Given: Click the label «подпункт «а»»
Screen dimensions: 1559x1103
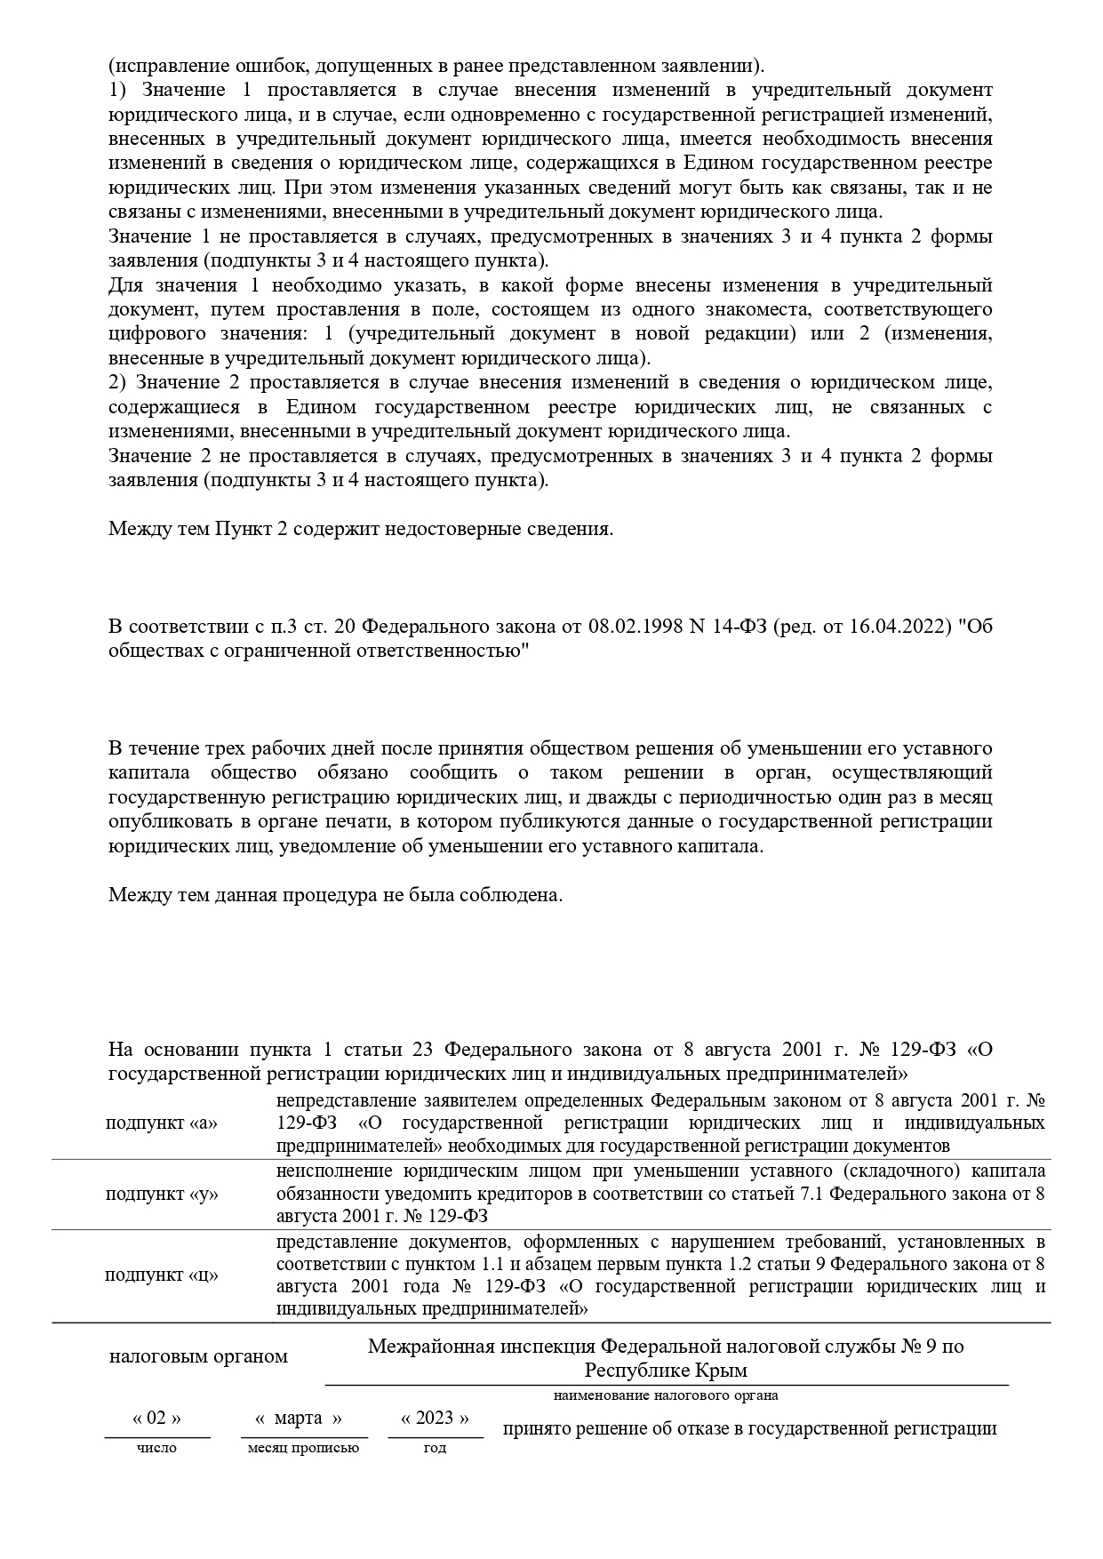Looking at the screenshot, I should click(x=161, y=1123).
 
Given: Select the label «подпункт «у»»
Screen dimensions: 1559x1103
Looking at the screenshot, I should click(x=161, y=1194).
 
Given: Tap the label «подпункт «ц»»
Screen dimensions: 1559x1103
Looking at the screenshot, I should click(x=161, y=1275).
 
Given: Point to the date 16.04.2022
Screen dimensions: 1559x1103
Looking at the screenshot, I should click(x=874, y=626).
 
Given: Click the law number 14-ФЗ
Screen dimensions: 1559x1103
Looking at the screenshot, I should click(x=739, y=626).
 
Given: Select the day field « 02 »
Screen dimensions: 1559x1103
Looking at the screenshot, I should click(x=156, y=1418).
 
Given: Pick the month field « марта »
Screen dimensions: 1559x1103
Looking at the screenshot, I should click(x=299, y=1418).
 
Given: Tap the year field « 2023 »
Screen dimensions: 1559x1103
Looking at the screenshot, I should click(x=436, y=1418).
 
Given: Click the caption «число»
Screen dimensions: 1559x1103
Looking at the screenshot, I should click(x=156, y=1448).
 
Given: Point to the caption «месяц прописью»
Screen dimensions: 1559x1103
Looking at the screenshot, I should click(x=303, y=1448).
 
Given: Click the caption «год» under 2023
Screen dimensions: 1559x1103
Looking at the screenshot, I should click(x=435, y=1448).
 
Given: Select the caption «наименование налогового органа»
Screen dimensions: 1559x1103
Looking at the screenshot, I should click(x=666, y=1395).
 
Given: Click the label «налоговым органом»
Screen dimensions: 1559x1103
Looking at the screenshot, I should click(x=198, y=1356).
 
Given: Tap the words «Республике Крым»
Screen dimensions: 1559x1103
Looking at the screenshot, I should click(x=666, y=1370).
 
